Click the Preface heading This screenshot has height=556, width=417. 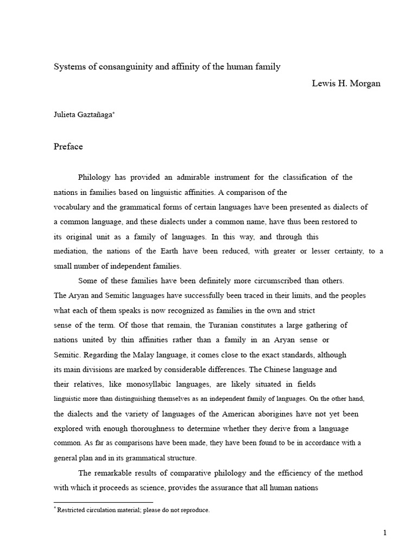click(68, 146)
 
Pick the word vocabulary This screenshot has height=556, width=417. click(73, 207)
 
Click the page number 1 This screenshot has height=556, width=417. click(384, 533)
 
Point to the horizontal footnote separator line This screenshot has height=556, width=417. click(103, 502)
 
